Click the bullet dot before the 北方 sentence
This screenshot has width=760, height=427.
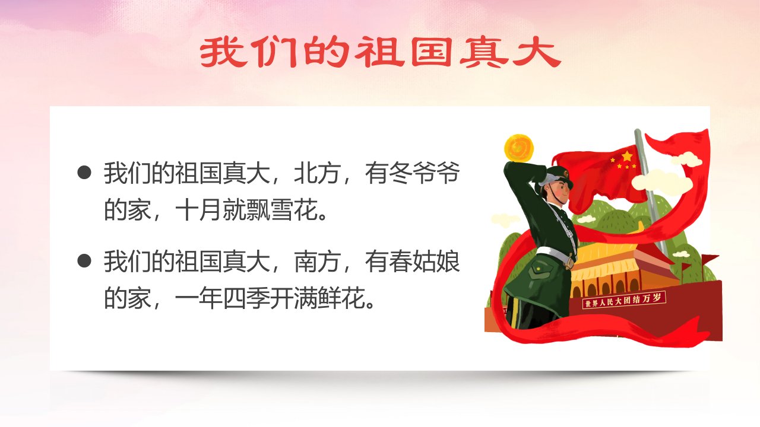(x=84, y=173)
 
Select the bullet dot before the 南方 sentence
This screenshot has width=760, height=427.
(x=84, y=261)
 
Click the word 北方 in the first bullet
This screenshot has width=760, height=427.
(x=317, y=173)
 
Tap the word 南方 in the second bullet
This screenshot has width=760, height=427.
(x=317, y=262)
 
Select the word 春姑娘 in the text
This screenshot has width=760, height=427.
(x=424, y=262)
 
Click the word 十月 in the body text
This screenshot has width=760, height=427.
(x=199, y=210)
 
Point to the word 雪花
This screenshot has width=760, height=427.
(x=294, y=210)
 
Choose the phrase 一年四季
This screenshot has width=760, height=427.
(x=222, y=298)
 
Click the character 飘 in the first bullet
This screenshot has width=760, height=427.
(x=258, y=210)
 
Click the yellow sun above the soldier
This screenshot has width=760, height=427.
(x=519, y=149)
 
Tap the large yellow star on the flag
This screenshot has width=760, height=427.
(x=627, y=156)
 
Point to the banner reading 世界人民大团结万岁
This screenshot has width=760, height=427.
(x=624, y=299)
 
